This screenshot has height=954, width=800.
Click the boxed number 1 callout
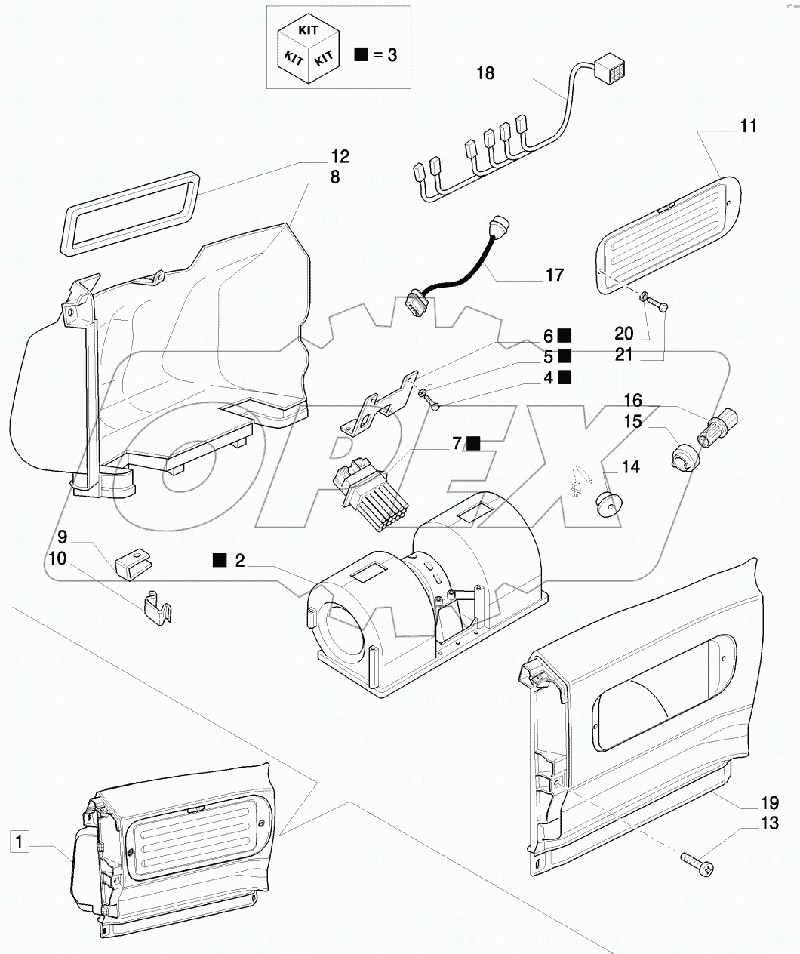[x=19, y=842]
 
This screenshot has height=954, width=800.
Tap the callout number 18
[x=485, y=73]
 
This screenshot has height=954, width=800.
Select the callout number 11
[x=749, y=126]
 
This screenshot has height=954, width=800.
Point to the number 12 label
[x=340, y=157]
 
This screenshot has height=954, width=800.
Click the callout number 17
[x=555, y=275]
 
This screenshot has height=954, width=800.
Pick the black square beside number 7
[x=474, y=443]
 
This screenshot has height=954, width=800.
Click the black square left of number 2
[x=220, y=561]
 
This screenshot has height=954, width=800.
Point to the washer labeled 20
[x=643, y=297]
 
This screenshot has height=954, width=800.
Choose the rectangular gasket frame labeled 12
[x=131, y=214]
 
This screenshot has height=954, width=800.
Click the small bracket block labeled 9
[x=134, y=565]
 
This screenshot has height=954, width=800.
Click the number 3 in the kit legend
[x=392, y=55]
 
